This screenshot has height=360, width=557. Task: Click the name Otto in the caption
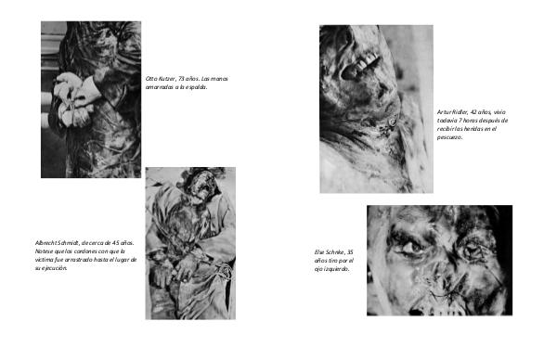tap(150, 79)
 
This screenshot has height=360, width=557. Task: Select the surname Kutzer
tap(165, 79)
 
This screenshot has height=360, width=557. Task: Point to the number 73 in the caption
tap(181, 79)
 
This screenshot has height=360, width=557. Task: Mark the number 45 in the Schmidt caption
tap(115, 243)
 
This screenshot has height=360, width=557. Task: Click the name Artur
tap(444, 112)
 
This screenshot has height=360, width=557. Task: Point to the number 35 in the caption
tap(350, 252)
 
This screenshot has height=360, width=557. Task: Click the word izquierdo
tap(337, 269)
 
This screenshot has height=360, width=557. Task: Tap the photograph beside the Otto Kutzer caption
tap(91, 99)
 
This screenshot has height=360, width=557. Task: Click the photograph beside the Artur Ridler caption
tap(377, 109)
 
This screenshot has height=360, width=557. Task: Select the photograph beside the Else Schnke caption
tap(440, 260)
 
